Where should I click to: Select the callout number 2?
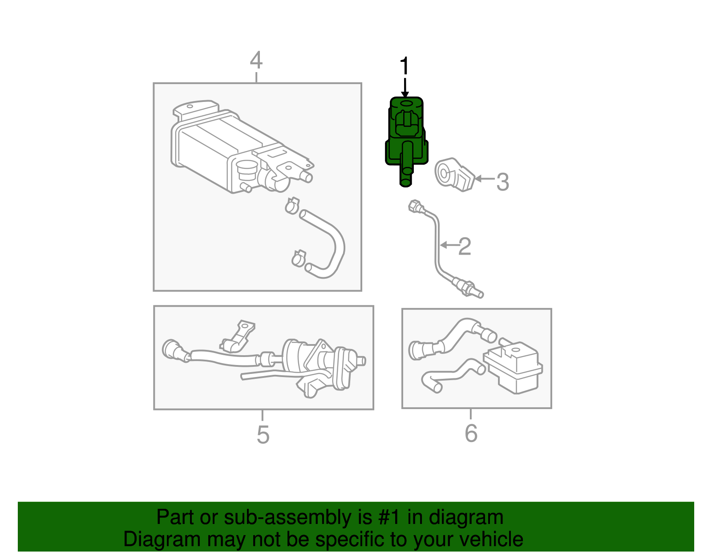(465, 246)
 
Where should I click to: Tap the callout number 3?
(502, 182)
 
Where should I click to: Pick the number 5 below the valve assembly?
(263, 434)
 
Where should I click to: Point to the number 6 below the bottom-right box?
(471, 433)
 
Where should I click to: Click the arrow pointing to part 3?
(485, 179)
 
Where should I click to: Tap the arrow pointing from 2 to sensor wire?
(449, 245)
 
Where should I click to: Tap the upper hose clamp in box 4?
(292, 205)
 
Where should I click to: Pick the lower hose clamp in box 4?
(299, 258)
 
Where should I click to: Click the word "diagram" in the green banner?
(466, 518)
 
